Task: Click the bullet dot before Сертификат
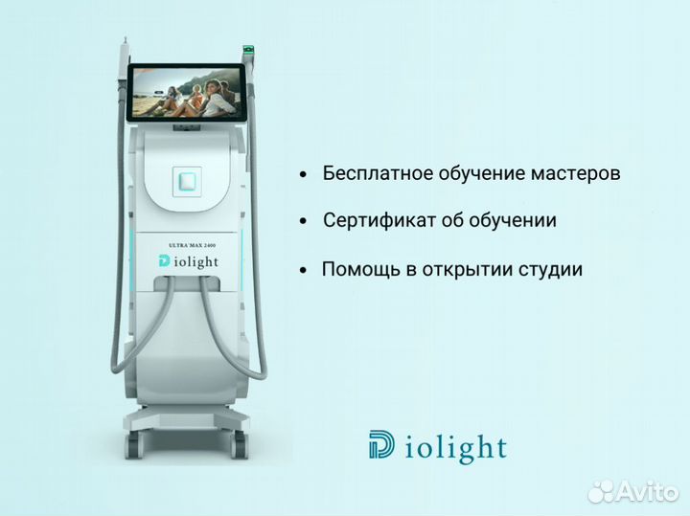[303, 222]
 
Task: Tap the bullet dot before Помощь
[303, 271]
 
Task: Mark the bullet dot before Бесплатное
[303, 176]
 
